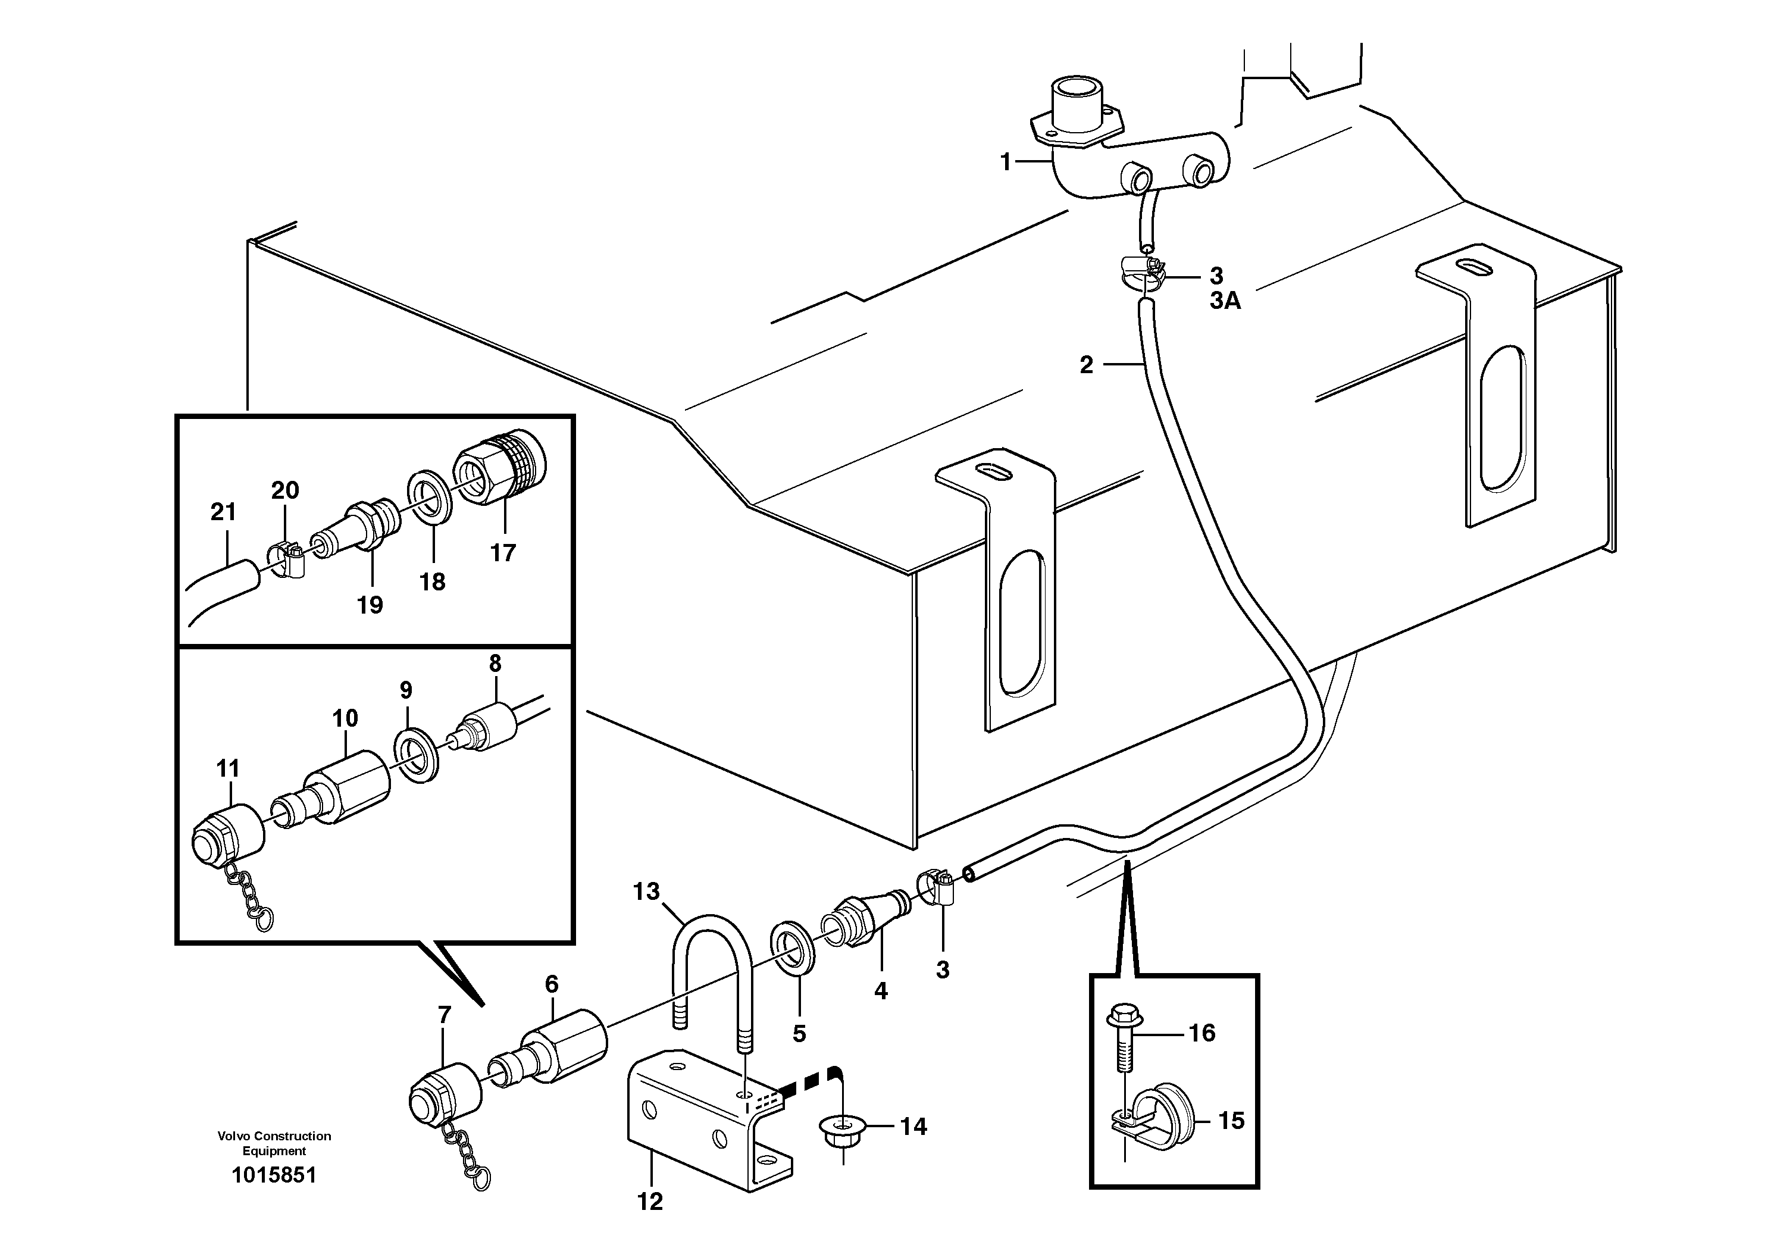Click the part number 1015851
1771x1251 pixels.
[274, 1175]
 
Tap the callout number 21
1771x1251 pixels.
[223, 511]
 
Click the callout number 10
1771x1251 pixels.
[345, 718]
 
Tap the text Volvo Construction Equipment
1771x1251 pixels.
[274, 1143]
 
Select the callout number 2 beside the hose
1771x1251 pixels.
[1086, 365]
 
